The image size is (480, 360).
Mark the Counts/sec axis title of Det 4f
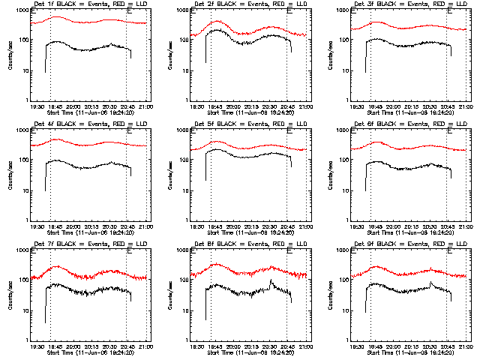coord(9,175)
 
